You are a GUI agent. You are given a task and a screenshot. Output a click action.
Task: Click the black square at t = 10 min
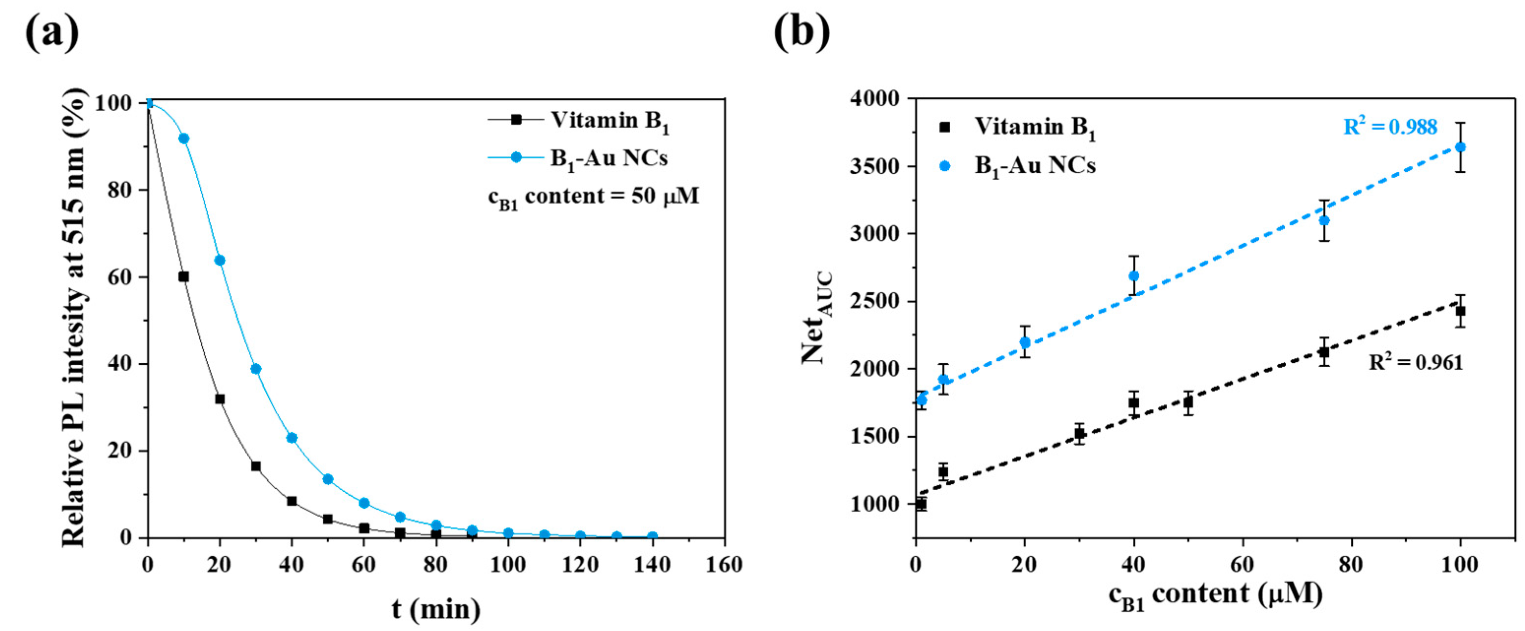(184, 277)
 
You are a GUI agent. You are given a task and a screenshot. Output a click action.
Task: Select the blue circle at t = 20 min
(219, 260)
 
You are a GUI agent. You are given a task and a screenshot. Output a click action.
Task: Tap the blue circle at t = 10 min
(184, 138)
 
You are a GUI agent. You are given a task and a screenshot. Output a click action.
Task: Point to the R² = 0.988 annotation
(1390, 127)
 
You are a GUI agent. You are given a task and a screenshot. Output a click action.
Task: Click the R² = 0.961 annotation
(1415, 362)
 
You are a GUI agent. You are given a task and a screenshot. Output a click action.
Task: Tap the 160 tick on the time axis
(723, 565)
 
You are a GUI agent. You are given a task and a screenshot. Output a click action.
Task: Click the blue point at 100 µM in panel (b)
(1460, 147)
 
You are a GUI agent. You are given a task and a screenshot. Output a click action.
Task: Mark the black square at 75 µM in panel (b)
(1324, 352)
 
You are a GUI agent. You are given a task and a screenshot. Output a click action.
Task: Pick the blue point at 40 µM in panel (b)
(1134, 276)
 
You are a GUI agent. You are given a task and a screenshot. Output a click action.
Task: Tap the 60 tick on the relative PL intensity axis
(120, 277)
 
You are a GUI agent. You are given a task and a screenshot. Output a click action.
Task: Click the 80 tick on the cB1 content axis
(1351, 565)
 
